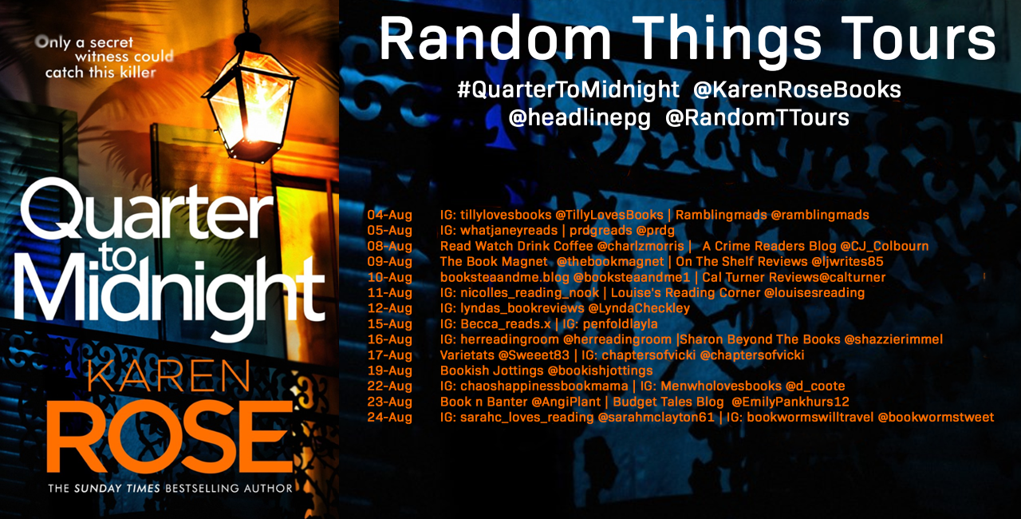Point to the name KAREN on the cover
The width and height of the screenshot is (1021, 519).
169,377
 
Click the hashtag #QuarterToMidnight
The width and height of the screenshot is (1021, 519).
568,89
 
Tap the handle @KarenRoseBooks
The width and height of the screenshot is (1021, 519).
797,89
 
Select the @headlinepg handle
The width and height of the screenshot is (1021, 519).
579,118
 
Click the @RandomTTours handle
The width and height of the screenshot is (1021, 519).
757,117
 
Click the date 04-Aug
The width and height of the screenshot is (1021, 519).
390,215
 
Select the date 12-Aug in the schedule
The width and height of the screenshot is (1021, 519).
390,308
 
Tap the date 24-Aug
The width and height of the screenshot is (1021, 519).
390,418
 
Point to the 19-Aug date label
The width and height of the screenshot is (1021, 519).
390,370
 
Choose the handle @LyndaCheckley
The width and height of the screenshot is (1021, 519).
639,308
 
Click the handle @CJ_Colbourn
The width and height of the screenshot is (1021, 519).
885,246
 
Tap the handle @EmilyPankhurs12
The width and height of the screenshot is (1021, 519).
790,402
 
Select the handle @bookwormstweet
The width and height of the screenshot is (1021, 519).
936,418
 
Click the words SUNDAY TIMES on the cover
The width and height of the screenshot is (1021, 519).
117,489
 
